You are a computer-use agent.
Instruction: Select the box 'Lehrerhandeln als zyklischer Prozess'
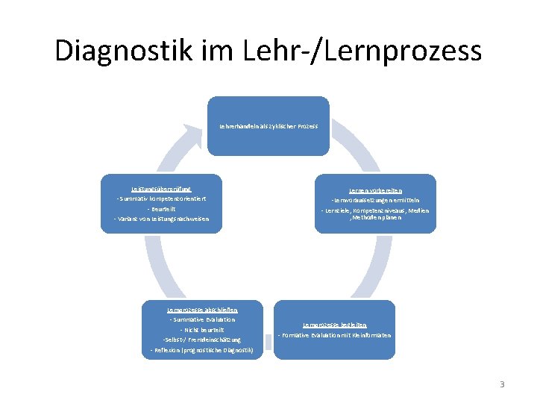point(268,126)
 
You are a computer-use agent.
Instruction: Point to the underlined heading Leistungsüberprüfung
point(161,189)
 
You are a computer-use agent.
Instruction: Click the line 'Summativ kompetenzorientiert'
point(161,199)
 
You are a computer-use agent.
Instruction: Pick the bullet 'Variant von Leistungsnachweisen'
point(161,218)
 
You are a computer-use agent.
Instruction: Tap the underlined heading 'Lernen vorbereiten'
point(375,190)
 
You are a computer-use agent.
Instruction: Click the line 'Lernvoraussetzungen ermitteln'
point(375,201)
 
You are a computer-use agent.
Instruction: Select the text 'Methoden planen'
point(376,218)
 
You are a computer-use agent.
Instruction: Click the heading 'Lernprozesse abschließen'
point(203,310)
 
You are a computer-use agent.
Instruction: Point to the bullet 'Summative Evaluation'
point(203,319)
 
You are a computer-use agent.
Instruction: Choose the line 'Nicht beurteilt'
point(203,329)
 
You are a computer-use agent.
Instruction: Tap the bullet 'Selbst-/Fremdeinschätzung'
point(203,340)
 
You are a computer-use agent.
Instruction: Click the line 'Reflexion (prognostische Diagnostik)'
point(203,349)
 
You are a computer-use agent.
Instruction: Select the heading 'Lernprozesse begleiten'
point(334,325)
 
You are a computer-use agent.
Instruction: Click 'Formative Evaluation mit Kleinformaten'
point(334,335)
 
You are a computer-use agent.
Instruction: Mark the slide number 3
point(502,384)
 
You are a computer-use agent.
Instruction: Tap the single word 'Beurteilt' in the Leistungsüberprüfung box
point(161,208)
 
